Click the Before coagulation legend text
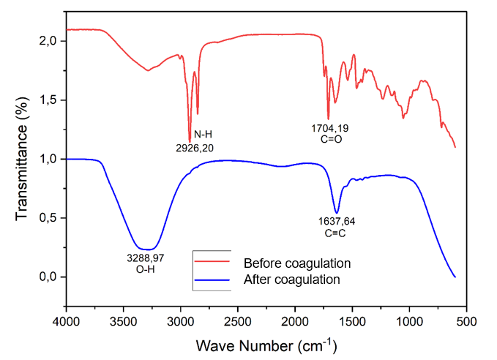pos(297,263)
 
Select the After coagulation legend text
pos(292,279)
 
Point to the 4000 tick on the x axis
pos(67,320)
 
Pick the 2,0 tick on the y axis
pos(48,41)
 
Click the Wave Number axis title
pos(266,343)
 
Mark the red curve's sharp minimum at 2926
pos(190,140)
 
